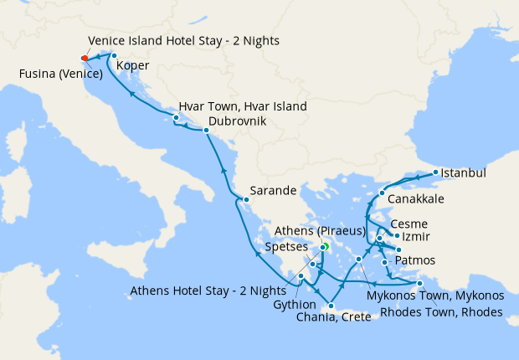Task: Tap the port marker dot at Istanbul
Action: point(435,174)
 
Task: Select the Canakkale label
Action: point(416,199)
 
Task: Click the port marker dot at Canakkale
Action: point(383,194)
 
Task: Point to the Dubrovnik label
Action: point(237,121)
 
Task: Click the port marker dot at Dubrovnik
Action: point(206,131)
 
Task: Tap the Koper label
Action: point(133,65)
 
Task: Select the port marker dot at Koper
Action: point(114,56)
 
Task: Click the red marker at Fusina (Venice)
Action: point(84,58)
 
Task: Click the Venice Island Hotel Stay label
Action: point(183,40)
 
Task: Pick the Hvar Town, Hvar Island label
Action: point(242,106)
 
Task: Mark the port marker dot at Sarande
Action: point(246,199)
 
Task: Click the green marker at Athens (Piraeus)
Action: point(323,247)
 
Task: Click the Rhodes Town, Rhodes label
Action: point(442,312)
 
